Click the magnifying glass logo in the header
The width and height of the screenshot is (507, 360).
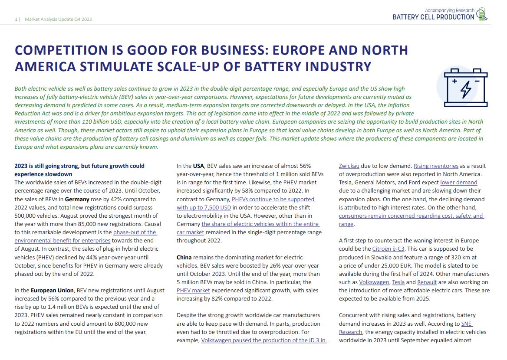tap(482, 14)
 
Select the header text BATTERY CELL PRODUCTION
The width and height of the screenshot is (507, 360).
tap(433, 17)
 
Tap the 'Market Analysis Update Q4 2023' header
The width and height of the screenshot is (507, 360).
tap(58, 19)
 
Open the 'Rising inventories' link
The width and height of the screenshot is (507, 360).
tap(435, 166)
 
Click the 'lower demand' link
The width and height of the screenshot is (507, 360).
tap(458, 182)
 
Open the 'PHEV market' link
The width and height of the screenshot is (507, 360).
tap(193, 290)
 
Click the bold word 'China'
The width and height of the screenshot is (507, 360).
tap(184, 257)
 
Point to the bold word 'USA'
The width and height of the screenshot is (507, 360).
tap(198, 166)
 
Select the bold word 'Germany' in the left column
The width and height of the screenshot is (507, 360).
tap(77, 199)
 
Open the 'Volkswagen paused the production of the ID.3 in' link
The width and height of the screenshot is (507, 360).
tap(263, 340)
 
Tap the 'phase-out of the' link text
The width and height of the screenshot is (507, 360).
tap(135, 232)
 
